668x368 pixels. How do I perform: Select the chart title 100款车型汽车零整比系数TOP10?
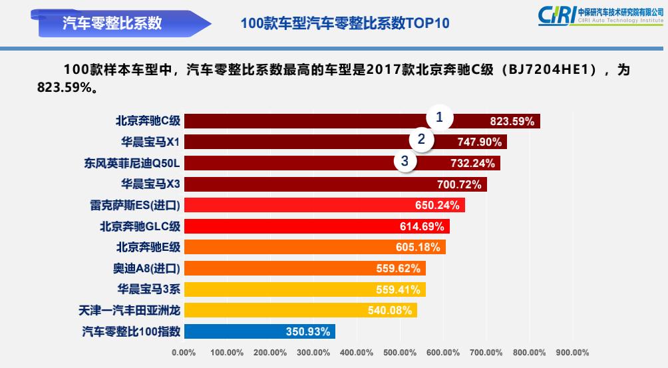345,23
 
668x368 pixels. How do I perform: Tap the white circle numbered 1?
439,117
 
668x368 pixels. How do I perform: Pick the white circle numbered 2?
421,139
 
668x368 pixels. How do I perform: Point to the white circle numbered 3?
405,160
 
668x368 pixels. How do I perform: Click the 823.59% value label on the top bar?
512,121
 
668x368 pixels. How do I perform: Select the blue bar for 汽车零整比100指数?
259,331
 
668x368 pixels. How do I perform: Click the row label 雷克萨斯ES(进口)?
135,205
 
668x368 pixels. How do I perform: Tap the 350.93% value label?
308,331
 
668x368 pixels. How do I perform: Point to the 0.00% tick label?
184,353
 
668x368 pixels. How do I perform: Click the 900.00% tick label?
572,353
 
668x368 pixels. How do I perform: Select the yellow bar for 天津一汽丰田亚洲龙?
299,310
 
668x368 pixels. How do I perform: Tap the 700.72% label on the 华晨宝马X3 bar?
460,184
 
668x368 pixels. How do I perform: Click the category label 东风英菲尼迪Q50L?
132,163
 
